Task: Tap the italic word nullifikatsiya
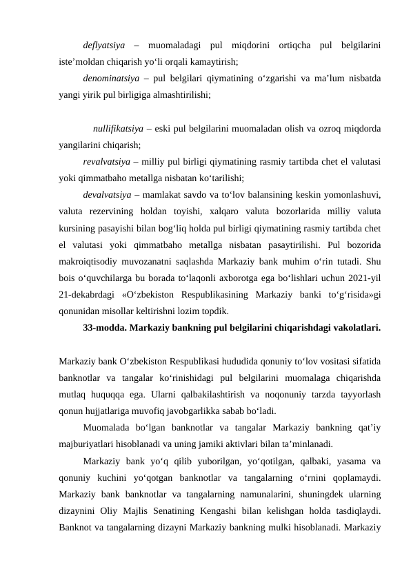click(x=118, y=129)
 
